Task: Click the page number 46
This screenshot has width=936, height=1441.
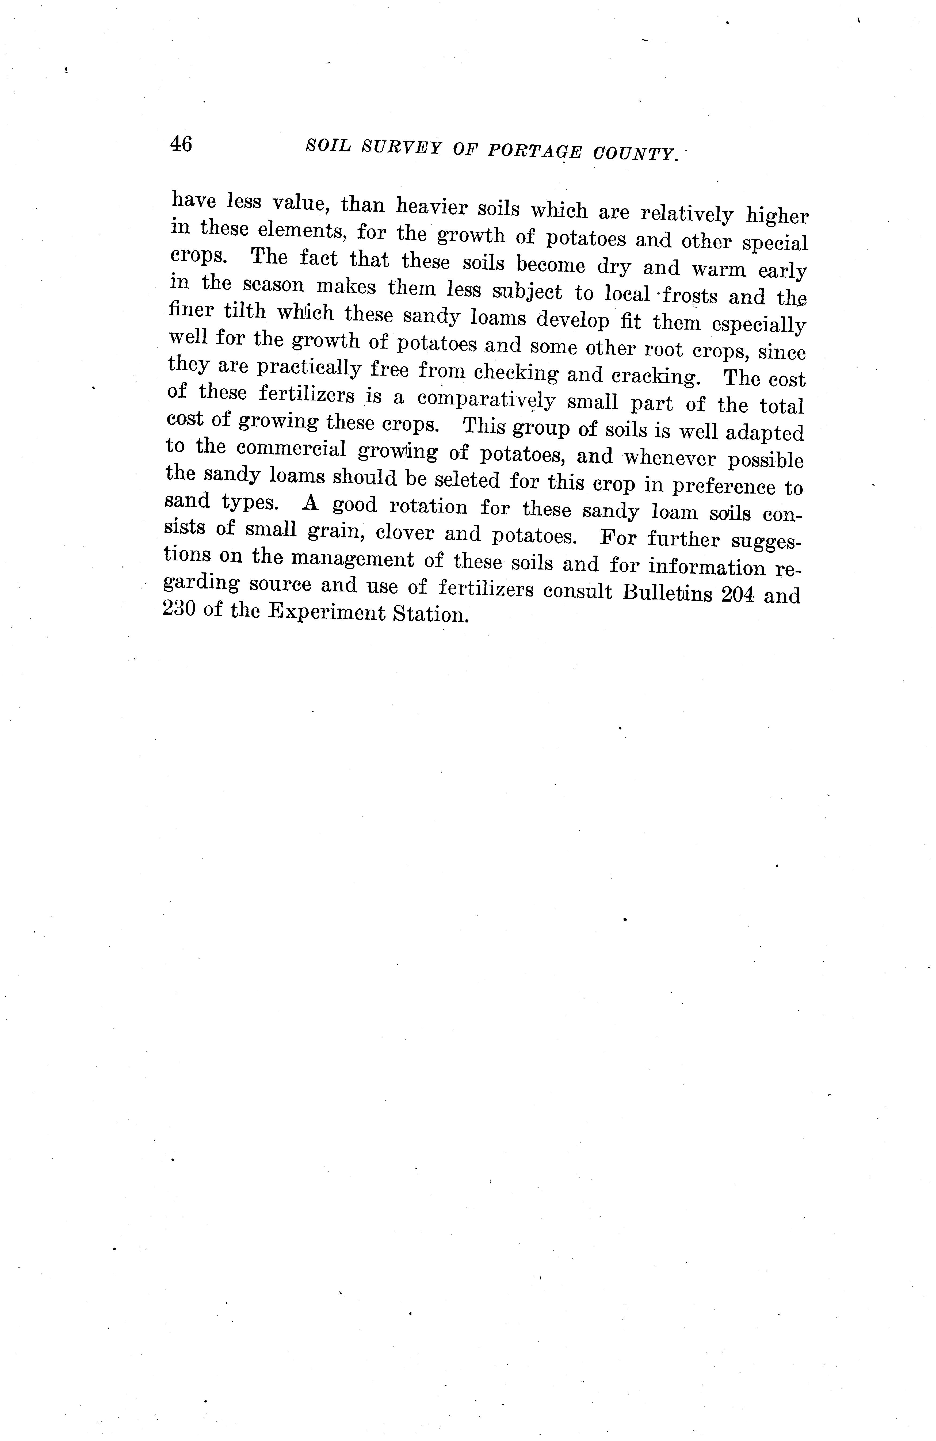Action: point(181,144)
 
